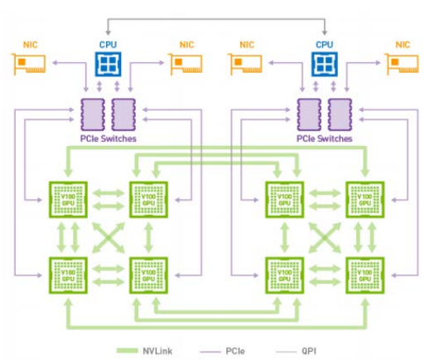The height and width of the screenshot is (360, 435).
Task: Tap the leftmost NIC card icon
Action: click(x=30, y=63)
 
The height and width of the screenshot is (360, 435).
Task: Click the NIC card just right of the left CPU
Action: click(x=187, y=63)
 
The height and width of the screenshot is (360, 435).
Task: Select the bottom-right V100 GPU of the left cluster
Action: click(x=147, y=275)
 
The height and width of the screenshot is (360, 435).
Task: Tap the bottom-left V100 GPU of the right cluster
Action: click(x=283, y=275)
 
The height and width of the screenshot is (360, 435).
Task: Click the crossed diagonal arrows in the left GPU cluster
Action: click(x=108, y=237)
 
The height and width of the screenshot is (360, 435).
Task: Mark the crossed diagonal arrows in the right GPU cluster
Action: click(x=323, y=237)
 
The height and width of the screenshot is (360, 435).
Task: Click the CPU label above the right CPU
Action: click(x=323, y=43)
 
